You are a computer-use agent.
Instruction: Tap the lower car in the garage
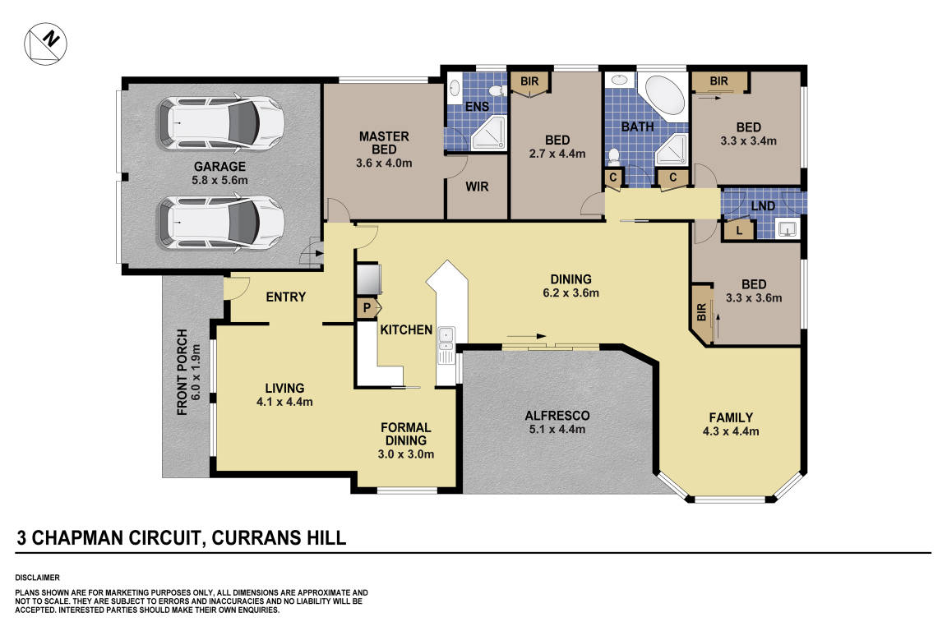pyautogui.click(x=220, y=220)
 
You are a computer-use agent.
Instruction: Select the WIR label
pyautogui.click(x=477, y=187)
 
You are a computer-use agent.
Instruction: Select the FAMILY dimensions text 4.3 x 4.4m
pyautogui.click(x=730, y=431)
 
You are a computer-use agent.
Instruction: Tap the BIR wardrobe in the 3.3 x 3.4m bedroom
pyautogui.click(x=719, y=81)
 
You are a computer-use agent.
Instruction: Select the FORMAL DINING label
pyautogui.click(x=406, y=434)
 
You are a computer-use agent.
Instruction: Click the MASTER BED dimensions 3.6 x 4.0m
pyautogui.click(x=384, y=163)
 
